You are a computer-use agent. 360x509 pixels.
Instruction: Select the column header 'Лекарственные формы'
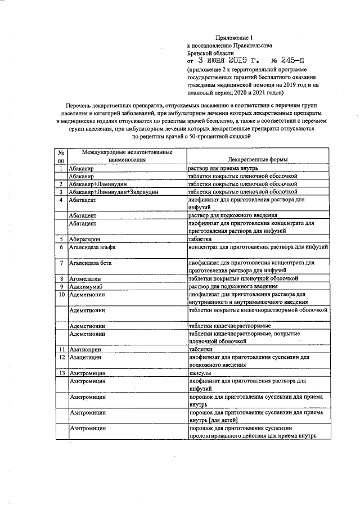(259, 160)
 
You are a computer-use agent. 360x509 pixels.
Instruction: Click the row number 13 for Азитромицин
(61, 373)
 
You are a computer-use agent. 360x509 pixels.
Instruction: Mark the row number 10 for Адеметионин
(61, 294)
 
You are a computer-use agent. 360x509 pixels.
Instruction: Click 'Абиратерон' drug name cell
(84, 238)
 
